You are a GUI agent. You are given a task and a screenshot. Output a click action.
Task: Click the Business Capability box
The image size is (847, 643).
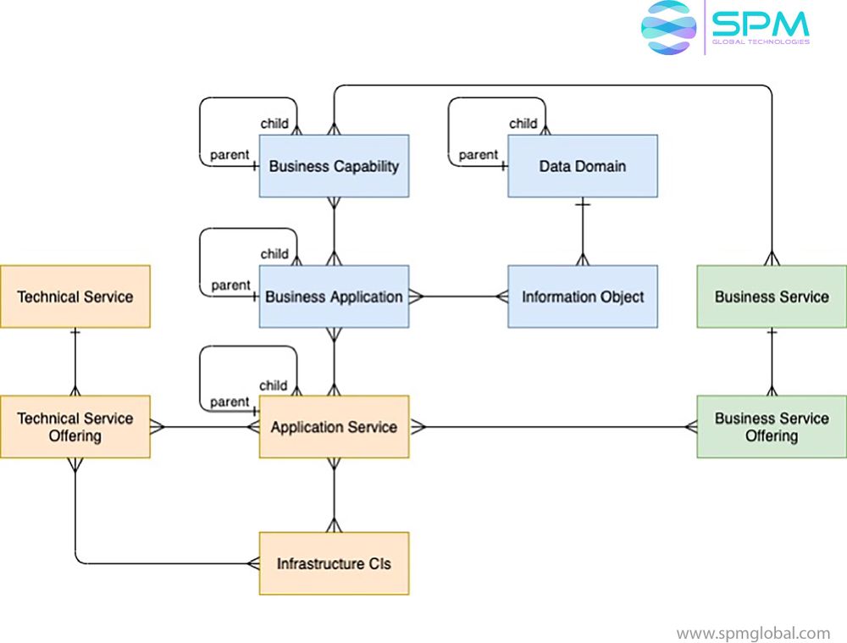[334, 166]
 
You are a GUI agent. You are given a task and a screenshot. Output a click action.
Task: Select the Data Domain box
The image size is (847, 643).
[582, 166]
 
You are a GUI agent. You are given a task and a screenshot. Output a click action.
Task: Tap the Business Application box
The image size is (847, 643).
[334, 297]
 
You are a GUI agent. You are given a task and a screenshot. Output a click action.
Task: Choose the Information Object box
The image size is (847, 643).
[582, 297]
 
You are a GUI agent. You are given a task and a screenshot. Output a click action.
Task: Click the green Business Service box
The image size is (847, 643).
[771, 297]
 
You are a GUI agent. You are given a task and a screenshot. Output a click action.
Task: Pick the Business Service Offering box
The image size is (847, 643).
[771, 427]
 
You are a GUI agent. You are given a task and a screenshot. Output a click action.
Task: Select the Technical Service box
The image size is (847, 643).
[75, 297]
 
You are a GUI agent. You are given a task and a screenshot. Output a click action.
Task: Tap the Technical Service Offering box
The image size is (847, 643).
[75, 427]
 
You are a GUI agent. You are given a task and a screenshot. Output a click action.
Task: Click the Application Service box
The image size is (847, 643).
[334, 427]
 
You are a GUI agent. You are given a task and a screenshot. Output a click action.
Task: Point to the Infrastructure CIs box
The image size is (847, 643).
[334, 563]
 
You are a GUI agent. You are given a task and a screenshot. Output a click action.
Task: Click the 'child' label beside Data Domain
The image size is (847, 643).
[523, 124]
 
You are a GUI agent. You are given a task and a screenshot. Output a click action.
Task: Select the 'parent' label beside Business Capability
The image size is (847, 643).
[230, 155]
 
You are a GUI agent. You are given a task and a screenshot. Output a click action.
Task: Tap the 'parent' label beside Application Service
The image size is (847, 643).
[230, 402]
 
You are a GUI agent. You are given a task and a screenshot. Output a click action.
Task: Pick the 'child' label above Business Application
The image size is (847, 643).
[274, 254]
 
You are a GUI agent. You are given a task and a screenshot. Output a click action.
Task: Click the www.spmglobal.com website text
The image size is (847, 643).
[753, 633]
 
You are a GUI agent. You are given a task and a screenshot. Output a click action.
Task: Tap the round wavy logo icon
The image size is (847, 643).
[668, 27]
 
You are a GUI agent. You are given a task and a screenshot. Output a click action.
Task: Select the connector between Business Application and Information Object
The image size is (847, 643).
[458, 297]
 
